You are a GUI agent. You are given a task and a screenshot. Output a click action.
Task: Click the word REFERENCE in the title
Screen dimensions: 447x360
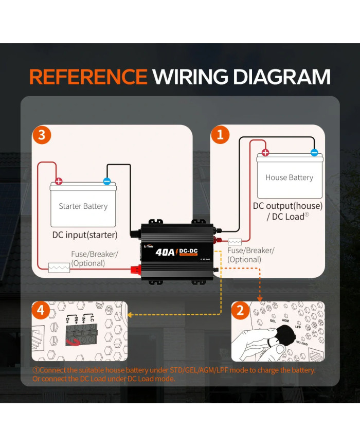[88, 77]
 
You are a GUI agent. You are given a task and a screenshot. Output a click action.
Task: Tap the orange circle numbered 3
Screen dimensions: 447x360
[42, 135]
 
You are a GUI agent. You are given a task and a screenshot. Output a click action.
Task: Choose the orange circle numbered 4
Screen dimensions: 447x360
[42, 311]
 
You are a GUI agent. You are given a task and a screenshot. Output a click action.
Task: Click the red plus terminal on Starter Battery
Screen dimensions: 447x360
[59, 181]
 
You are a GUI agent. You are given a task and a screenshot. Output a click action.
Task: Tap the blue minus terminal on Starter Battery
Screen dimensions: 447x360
[107, 181]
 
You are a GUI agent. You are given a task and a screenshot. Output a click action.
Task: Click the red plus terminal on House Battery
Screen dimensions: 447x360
[265, 152]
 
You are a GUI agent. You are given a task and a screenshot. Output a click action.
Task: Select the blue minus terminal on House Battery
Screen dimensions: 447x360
[314, 152]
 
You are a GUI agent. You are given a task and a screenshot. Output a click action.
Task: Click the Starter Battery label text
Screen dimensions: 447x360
[83, 206]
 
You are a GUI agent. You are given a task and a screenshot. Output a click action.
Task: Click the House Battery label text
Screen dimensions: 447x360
[289, 177]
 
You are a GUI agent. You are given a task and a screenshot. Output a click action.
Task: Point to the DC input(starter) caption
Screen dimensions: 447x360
[85, 235]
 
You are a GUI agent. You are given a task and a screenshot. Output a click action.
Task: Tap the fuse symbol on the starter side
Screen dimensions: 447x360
[59, 268]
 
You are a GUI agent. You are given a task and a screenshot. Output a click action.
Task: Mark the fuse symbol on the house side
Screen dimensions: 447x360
[235, 241]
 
